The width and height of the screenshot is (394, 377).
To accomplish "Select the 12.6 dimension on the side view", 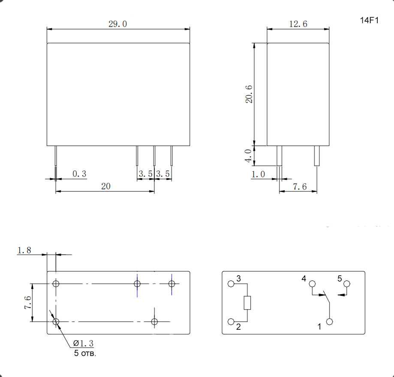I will pos(298,24).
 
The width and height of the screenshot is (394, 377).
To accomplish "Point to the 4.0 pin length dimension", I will pos(248,156).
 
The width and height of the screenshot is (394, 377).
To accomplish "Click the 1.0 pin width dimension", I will pos(258,174).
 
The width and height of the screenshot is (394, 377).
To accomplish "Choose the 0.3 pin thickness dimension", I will pos(79,174).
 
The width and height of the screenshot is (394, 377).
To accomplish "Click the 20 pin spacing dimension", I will pos(105,186).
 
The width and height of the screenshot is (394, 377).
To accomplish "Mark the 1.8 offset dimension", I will pos(24,250).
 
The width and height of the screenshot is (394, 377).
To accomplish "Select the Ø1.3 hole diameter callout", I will pos(83,343).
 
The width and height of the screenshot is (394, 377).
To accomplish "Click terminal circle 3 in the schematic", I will pos(231,284).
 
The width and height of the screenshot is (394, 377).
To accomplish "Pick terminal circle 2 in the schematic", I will pos(231,322).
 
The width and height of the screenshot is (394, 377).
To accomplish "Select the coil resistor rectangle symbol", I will pos(247,303).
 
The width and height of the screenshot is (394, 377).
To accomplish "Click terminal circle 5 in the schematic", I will pos(347,284).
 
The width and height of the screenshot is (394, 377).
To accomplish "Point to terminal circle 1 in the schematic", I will pos(329,322).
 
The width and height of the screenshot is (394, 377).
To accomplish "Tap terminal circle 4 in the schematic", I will pos(312,284).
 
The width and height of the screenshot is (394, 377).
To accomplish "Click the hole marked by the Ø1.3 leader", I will pos(56,322).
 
